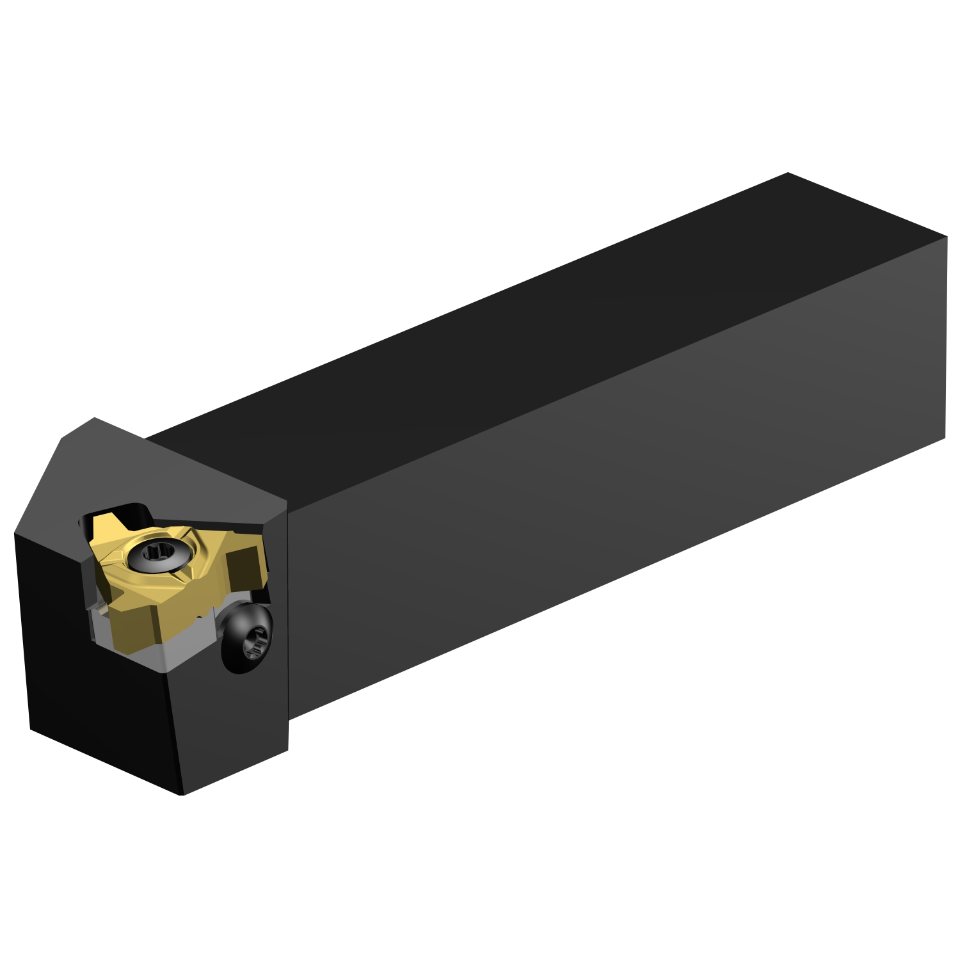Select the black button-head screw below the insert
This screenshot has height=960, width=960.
246,637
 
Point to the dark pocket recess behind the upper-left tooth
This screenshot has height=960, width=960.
138,512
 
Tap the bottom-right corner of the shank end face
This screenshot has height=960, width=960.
945,438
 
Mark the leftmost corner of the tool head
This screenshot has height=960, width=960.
15,532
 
